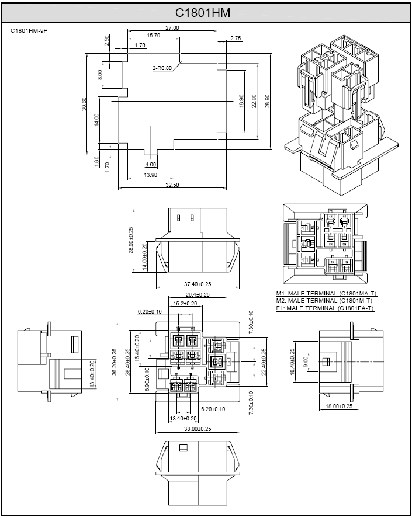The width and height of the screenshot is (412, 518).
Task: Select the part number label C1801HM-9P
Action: [x=29, y=30]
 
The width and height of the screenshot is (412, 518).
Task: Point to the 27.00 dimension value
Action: [x=172, y=28]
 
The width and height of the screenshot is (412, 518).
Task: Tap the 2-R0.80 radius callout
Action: [x=162, y=68]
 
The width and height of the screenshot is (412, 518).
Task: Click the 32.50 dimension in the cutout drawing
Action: [x=172, y=185]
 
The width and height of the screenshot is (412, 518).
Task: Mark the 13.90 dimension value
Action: [x=150, y=175]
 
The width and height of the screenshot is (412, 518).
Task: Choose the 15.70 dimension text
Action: [x=154, y=36]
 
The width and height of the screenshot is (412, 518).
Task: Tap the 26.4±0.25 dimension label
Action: [x=198, y=294]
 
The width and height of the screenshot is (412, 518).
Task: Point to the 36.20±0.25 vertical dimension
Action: [x=115, y=363]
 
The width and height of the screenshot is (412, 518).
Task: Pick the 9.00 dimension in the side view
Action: [x=305, y=363]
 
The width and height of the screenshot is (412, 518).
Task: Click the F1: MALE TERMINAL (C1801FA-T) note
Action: [x=325, y=308]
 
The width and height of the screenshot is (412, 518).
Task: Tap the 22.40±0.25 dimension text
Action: [x=264, y=363]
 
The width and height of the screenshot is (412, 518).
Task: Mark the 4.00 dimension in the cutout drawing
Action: [x=151, y=165]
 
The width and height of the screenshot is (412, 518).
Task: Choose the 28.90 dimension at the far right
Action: [x=268, y=101]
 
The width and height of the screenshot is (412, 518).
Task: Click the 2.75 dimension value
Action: [x=236, y=38]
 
